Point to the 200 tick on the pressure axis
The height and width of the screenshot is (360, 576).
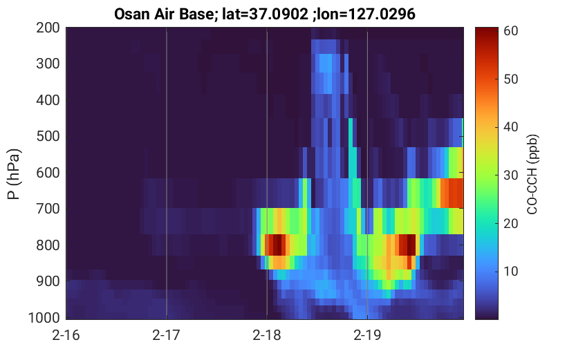(48, 28)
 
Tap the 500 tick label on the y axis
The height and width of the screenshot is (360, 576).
(48, 136)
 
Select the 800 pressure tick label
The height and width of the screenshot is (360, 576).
(48, 245)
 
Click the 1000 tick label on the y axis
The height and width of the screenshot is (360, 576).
(44, 317)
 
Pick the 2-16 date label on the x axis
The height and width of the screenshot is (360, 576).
(66, 335)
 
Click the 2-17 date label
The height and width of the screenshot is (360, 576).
(167, 335)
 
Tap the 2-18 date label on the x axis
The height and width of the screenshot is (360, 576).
(267, 335)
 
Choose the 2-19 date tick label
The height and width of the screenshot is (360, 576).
(367, 335)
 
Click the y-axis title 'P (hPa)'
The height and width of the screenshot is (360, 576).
(14, 174)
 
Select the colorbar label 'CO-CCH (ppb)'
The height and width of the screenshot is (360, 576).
(532, 174)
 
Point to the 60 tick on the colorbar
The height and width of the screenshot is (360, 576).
(510, 31)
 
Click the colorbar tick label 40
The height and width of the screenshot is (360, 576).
(510, 127)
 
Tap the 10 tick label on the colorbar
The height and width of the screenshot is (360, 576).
(510, 271)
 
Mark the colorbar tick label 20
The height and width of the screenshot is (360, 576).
(510, 223)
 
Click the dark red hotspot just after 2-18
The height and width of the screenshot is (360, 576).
(277, 245)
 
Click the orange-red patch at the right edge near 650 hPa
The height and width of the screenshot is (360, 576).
(452, 193)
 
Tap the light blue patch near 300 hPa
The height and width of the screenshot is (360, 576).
(326, 63)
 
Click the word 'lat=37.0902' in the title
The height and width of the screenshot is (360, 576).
(266, 14)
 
